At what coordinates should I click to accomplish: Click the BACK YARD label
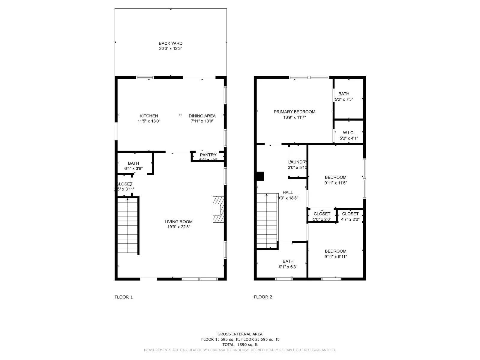tap(170, 43)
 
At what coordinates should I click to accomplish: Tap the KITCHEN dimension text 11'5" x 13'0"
tap(149, 121)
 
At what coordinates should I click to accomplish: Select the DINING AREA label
tap(202, 116)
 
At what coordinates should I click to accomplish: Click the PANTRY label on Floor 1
tap(208, 155)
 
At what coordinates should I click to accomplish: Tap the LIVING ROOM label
tap(178, 222)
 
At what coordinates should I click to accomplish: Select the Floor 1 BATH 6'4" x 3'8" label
tap(133, 166)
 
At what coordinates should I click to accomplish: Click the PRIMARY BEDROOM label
tap(294, 112)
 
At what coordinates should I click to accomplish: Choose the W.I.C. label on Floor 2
tap(349, 133)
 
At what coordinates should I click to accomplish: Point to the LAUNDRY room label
tap(297, 162)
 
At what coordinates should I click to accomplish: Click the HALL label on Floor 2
tap(288, 193)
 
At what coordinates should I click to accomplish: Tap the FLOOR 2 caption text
tap(263, 297)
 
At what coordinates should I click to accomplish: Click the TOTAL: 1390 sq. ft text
tap(240, 344)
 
